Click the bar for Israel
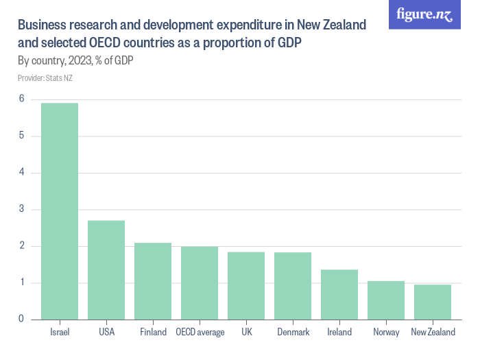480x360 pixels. coord(60,211)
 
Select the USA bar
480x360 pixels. coord(106,269)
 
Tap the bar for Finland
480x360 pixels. coord(153,281)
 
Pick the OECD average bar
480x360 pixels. coord(200,283)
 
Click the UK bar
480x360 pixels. coord(246,285)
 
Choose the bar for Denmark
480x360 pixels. coord(293,285)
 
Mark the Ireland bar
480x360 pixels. coord(339,294)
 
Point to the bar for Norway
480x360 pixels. coord(386,300)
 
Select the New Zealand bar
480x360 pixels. coord(433,302)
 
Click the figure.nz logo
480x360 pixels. coord(424,14)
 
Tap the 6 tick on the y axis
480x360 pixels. coord(22,99)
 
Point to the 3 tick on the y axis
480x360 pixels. coord(22,209)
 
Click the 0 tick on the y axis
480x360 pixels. coord(22,319)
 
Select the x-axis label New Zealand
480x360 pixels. coord(433,332)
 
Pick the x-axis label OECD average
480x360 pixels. coord(200,332)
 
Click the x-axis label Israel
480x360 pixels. coord(60,332)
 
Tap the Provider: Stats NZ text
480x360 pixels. coord(45,77)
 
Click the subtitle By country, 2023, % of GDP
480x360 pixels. coord(75,61)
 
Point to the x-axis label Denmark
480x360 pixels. coord(293,332)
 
